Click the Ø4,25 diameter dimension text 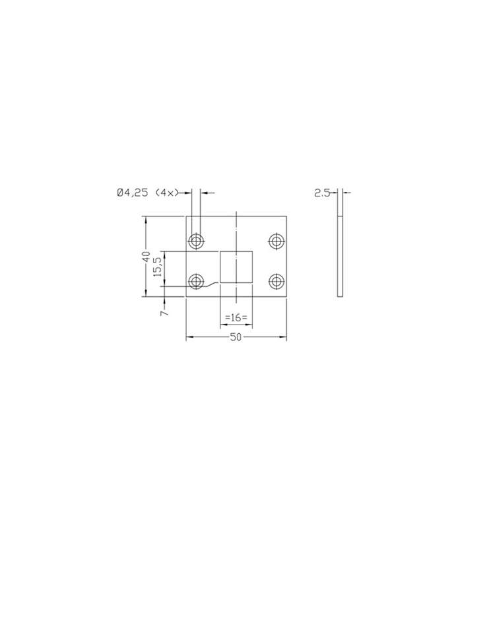(x=132, y=193)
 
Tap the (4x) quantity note (x=166, y=193)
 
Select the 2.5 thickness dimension (x=322, y=193)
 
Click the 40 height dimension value (x=146, y=257)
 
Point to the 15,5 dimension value (x=158, y=267)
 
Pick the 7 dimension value (x=164, y=313)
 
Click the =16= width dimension (x=236, y=317)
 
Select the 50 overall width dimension (x=236, y=337)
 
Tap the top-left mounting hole (x=196, y=241)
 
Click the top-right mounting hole (x=276, y=241)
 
